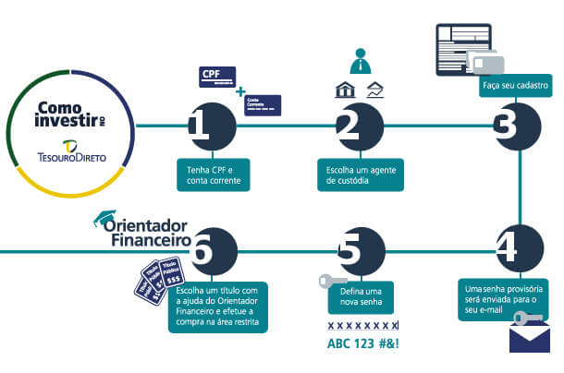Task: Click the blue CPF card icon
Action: click(x=217, y=75)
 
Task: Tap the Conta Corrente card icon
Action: click(x=263, y=102)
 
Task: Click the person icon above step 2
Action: click(x=361, y=61)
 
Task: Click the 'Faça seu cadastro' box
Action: click(x=515, y=87)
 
